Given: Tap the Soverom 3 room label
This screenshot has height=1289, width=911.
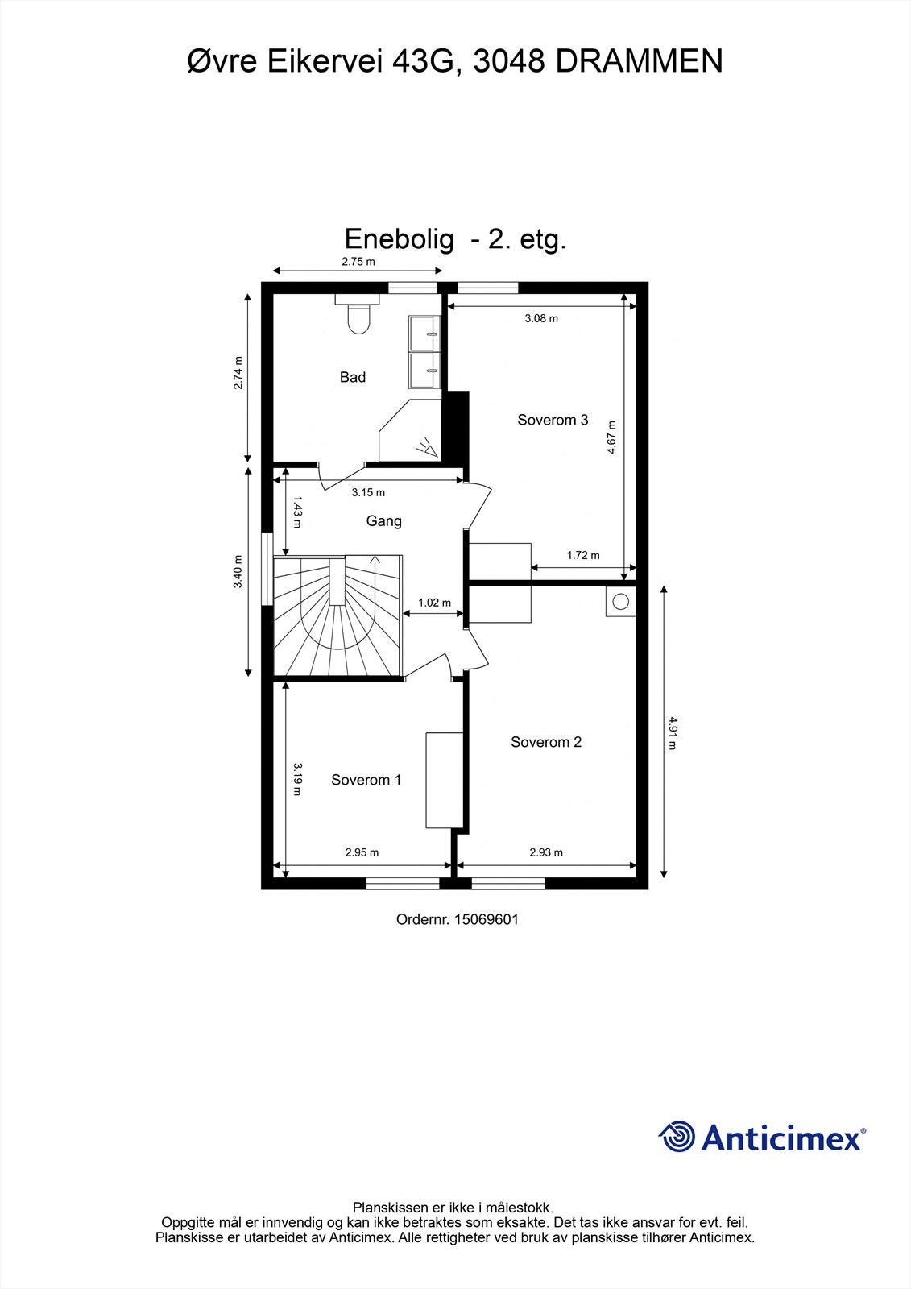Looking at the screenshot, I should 553,420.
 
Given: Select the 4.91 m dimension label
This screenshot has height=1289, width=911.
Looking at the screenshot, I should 672,733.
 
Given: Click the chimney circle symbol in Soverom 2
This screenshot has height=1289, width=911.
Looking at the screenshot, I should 621,601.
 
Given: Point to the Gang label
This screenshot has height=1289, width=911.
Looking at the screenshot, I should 383,521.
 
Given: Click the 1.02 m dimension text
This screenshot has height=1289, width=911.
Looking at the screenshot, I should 434,603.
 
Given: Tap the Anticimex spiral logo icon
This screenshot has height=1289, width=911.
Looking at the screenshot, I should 677,1137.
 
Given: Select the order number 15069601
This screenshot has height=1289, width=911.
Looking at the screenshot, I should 487,918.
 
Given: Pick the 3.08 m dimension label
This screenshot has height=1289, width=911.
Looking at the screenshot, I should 541,318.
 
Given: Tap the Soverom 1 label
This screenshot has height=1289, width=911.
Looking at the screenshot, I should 366,780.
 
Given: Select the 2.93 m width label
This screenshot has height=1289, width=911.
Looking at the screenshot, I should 546,852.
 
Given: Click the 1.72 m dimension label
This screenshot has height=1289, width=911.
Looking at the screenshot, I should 583,555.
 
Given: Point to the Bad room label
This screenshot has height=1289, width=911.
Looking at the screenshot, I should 353,377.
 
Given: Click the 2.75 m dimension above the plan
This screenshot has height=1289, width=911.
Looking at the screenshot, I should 358,262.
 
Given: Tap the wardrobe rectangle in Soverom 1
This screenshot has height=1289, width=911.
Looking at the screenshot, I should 444,780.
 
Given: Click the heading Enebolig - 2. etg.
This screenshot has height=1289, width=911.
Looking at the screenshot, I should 455,239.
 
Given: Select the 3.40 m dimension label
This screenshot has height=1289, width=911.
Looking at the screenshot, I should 238,571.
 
